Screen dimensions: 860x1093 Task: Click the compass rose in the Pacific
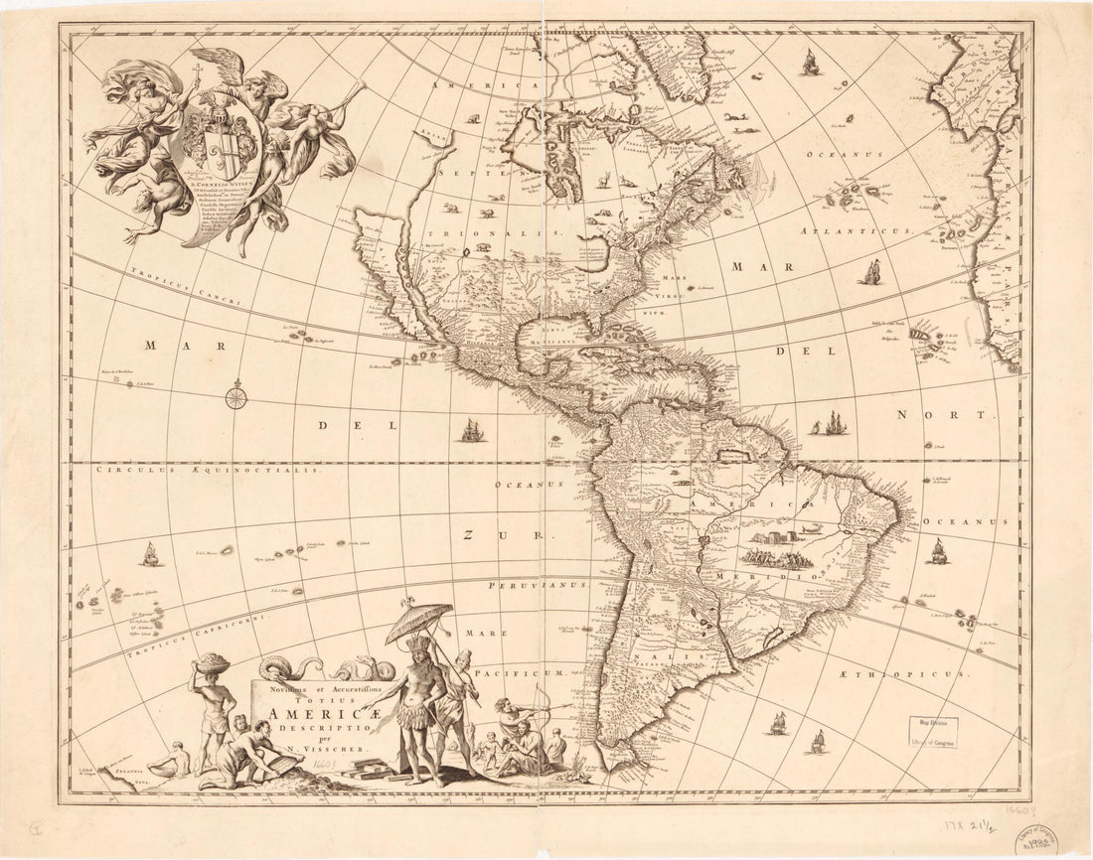point(235,399)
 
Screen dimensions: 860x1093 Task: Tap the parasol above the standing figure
point(417,621)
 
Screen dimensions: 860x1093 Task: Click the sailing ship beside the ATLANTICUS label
point(872,270)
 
